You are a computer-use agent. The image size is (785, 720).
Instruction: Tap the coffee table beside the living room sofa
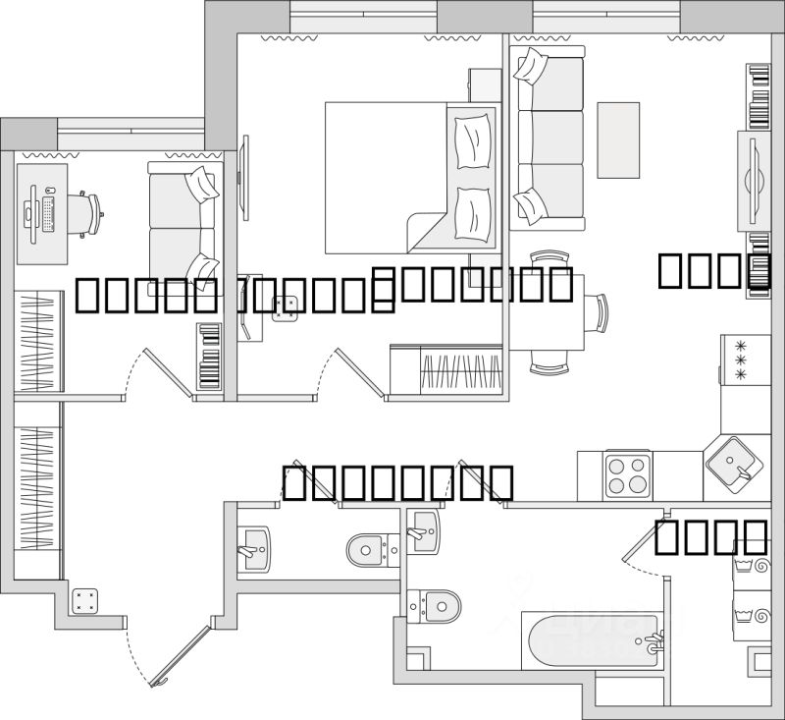pos(618,138)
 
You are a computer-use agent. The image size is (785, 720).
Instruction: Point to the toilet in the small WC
pos(371,546)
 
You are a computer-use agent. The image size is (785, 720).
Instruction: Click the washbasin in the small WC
pos(254,546)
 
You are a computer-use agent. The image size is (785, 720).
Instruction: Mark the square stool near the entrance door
pos(84,599)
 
